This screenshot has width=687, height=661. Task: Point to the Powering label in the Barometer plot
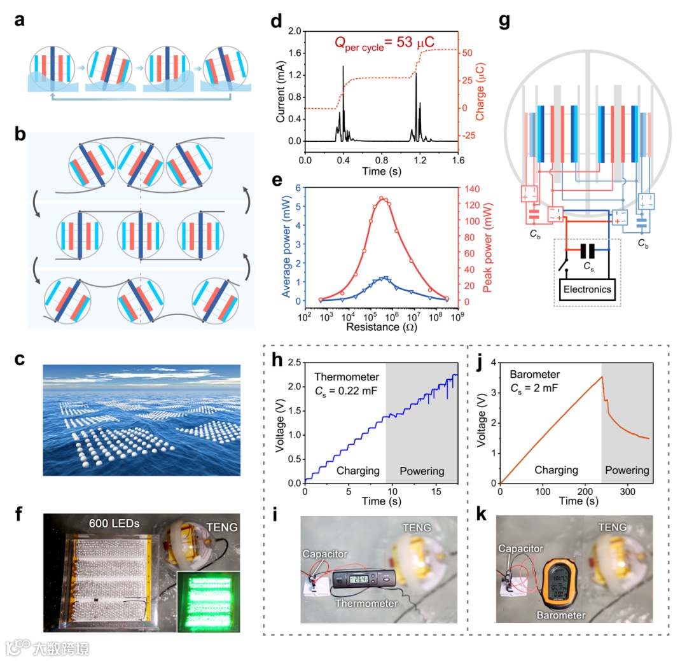[x=627, y=471]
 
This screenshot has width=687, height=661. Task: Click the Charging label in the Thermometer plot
[x=356, y=471]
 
